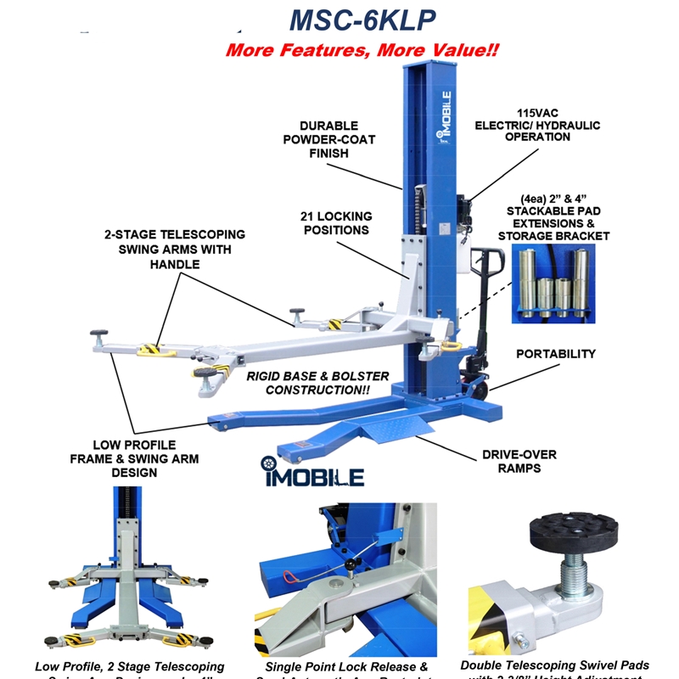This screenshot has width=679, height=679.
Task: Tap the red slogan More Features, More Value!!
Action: point(362,50)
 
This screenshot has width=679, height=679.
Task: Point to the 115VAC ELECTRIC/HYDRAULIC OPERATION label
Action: point(558,125)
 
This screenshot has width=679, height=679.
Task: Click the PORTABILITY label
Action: point(556,354)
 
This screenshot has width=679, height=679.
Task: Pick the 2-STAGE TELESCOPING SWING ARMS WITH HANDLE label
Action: point(176,249)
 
